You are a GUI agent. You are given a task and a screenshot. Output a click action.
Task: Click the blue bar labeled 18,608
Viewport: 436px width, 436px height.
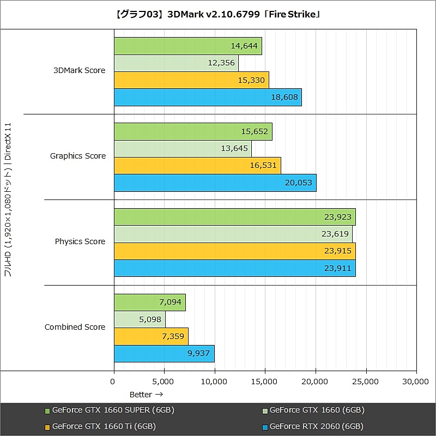pyautogui.click(x=207, y=98)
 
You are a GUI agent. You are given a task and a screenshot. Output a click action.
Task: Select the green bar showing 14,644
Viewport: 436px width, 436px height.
pyautogui.click(x=187, y=46)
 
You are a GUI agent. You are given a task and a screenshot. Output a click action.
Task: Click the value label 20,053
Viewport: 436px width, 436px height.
pyautogui.click(x=299, y=183)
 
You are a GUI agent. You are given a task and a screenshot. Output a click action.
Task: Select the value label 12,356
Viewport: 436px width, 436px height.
pyautogui.click(x=221, y=63)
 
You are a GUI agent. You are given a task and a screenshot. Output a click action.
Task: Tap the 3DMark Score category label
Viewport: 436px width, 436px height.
pyautogui.click(x=79, y=70)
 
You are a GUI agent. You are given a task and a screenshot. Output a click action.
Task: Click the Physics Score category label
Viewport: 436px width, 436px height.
pyautogui.click(x=80, y=241)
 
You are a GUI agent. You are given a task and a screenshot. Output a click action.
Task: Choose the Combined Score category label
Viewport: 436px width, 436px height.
pyautogui.click(x=75, y=327)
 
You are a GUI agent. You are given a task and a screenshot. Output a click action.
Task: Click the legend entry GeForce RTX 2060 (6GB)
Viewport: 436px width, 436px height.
pyautogui.click(x=316, y=426)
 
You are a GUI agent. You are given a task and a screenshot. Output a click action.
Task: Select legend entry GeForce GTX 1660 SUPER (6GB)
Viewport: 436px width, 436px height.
pyautogui.click(x=113, y=410)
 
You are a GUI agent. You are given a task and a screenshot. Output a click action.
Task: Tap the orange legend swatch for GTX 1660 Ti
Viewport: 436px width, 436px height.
pyautogui.click(x=47, y=427)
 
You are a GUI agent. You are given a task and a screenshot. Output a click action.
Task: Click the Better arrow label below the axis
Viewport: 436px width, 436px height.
pyautogui.click(x=146, y=394)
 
